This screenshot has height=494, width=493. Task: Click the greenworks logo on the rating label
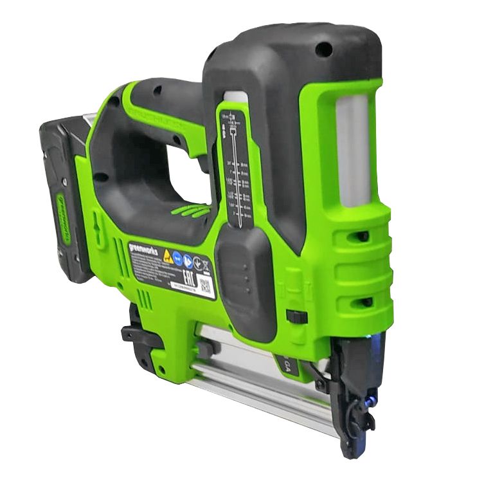(143, 249)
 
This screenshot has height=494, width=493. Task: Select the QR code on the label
(206, 286)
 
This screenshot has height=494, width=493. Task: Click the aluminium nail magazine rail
(264, 386)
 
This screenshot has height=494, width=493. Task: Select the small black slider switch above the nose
(297, 316)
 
